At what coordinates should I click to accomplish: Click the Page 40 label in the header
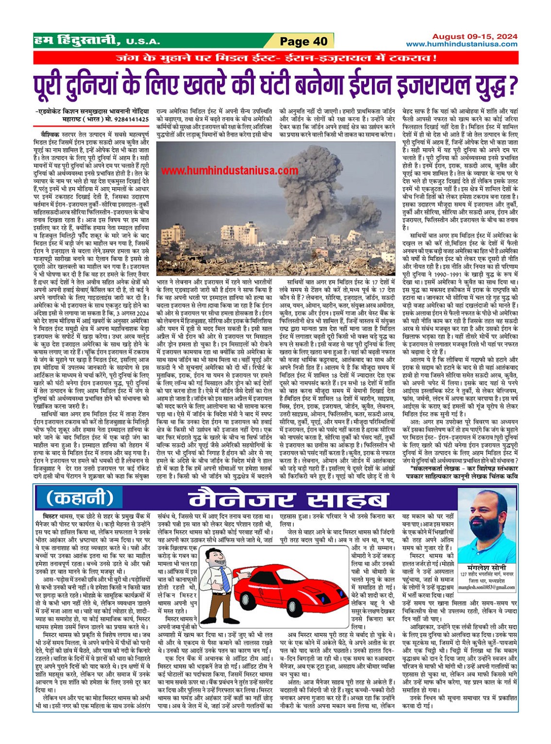[303, 41]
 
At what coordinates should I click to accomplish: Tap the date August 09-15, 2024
[474, 36]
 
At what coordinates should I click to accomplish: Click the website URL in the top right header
[462, 44]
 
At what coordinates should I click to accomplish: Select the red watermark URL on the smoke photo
[230, 170]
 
